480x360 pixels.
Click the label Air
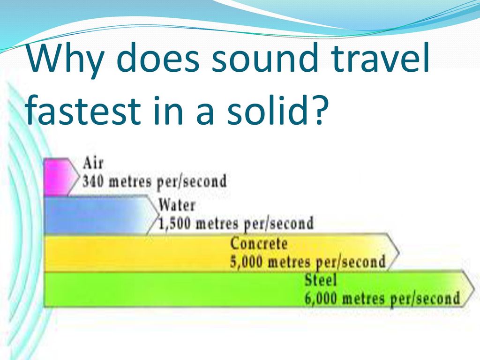pyautogui.click(x=93, y=163)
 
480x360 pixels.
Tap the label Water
pyautogui.click(x=177, y=205)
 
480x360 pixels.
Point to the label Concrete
pyautogui.click(x=259, y=244)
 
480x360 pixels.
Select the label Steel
pyautogui.click(x=321, y=280)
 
